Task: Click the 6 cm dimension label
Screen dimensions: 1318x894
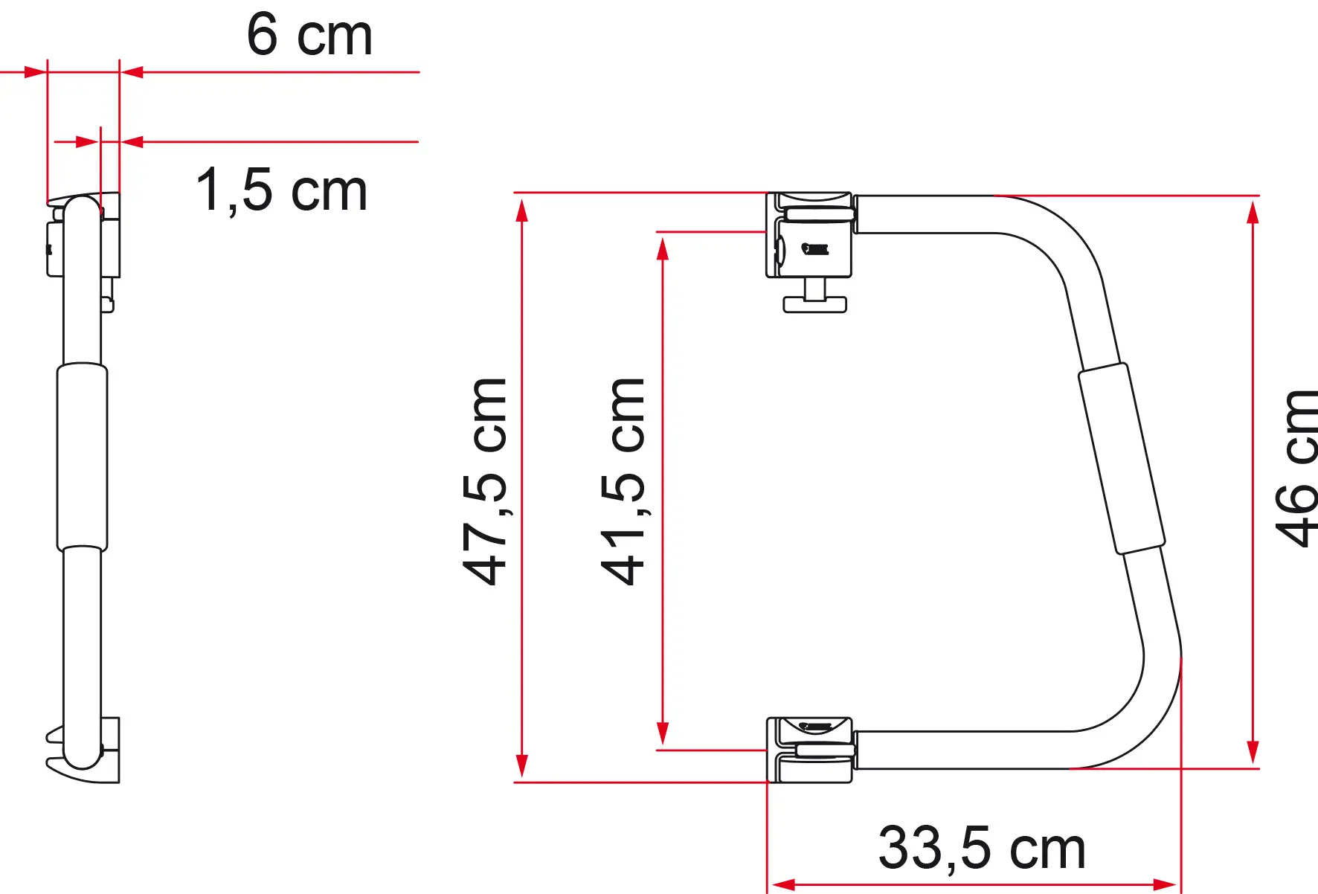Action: [x=309, y=35]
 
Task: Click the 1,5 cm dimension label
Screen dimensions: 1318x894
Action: [x=281, y=190]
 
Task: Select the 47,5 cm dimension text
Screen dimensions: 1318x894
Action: [x=484, y=481]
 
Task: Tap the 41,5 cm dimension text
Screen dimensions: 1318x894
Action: [x=623, y=481]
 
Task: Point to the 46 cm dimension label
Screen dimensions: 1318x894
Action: [x=1296, y=469]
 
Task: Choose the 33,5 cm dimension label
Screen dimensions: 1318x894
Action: [x=982, y=847]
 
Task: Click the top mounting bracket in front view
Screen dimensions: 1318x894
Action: [x=809, y=234]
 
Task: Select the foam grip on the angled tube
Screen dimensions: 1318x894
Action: [x=1122, y=458]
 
